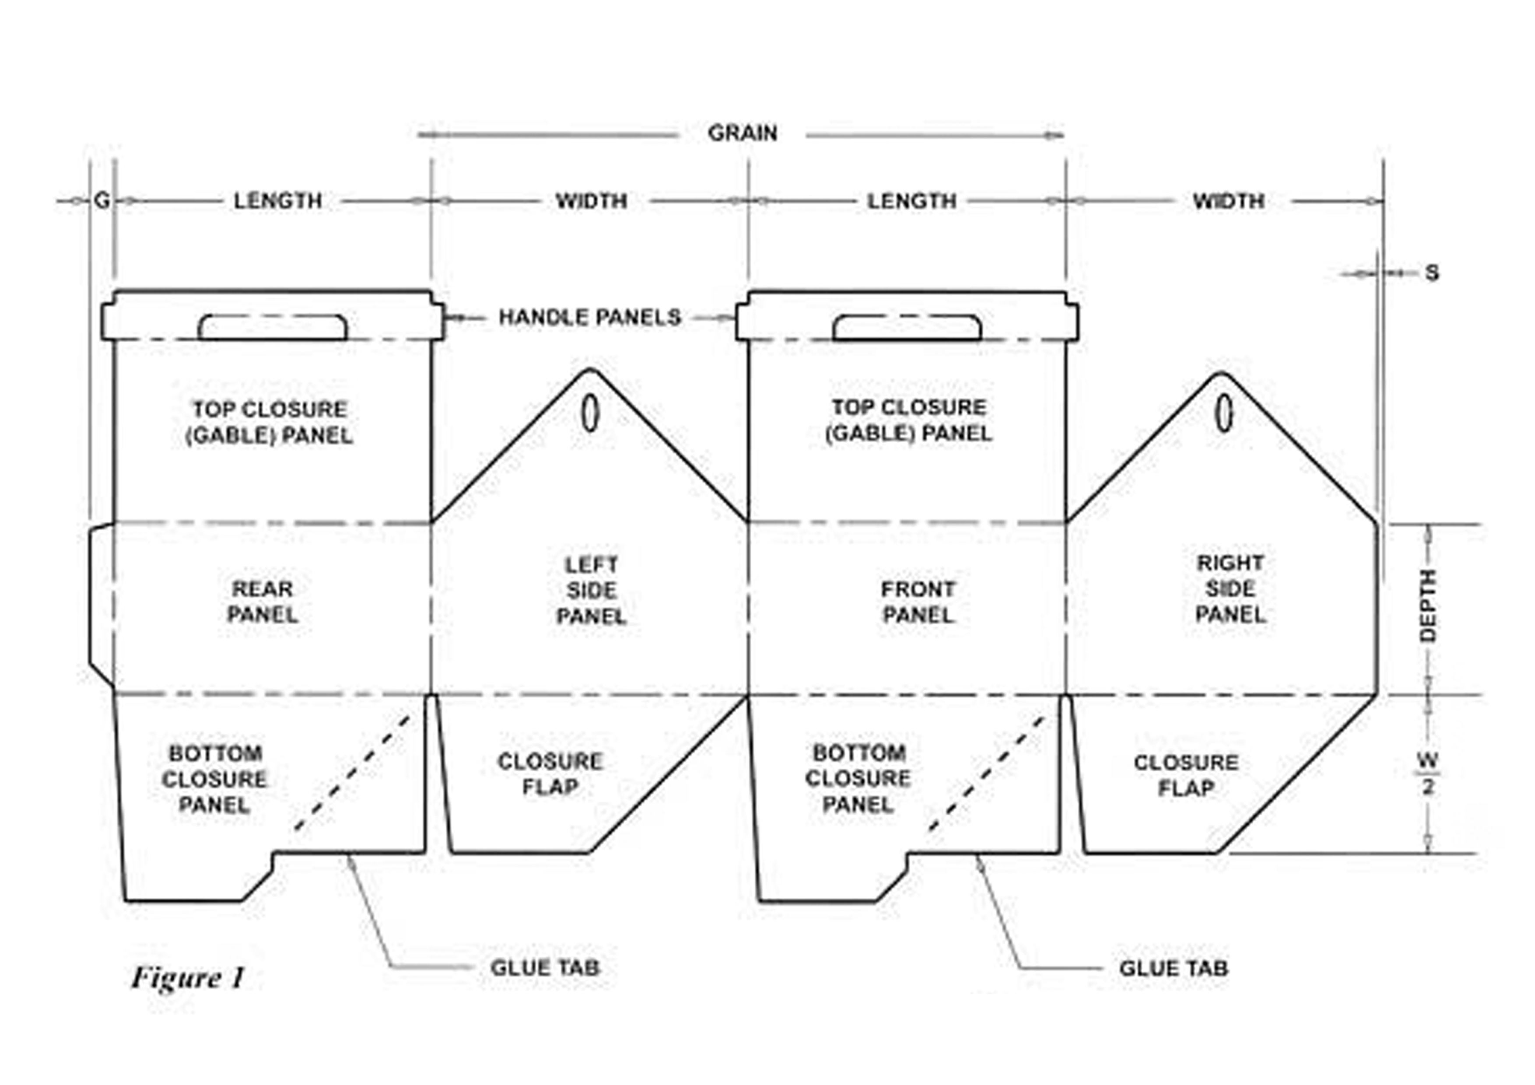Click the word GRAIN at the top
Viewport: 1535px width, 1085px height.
(742, 133)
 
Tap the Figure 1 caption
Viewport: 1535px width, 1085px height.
(188, 979)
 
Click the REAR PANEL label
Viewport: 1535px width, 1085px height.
(262, 601)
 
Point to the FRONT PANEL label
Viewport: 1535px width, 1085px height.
(918, 602)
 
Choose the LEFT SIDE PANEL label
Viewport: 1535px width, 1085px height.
(591, 590)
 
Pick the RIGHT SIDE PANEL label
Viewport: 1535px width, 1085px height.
(1230, 589)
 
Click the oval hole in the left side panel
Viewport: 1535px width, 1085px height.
(589, 413)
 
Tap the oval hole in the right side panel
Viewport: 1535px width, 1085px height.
(1223, 413)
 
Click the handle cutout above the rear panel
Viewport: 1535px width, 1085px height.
(272, 328)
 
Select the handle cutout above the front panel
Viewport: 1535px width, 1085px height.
(907, 328)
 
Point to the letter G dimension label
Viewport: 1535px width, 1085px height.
(102, 200)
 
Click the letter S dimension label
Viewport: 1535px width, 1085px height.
(1431, 273)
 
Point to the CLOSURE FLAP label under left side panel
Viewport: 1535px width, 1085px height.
(550, 774)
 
